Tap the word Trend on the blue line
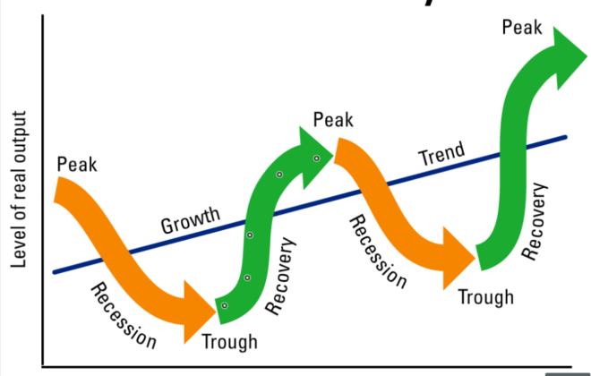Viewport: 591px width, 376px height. point(442,155)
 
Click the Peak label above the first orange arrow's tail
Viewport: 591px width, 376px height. point(77,165)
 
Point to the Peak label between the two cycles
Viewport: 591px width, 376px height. point(333,120)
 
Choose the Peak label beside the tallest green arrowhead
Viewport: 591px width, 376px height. point(522,28)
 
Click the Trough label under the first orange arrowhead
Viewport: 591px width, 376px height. point(229,341)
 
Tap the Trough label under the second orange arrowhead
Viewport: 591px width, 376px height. point(486,296)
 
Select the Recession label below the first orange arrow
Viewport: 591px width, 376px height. point(124,314)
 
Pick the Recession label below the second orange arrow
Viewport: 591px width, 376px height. point(377,252)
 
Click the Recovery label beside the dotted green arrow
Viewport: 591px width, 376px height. point(281,277)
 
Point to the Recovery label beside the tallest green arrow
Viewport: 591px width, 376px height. point(534,222)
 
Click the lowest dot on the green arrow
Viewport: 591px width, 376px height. point(225,306)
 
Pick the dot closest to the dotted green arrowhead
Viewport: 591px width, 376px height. point(316,158)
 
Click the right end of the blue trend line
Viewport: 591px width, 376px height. point(566,137)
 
